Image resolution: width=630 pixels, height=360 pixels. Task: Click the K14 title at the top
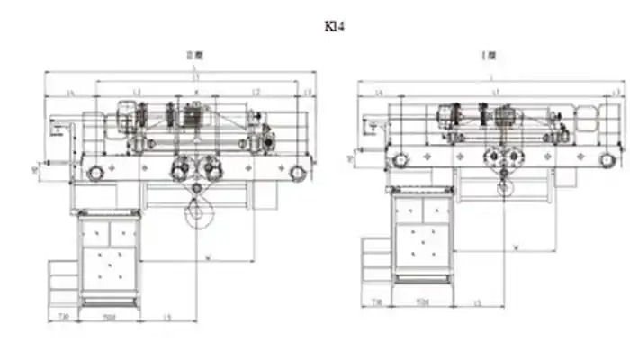click(x=335, y=25)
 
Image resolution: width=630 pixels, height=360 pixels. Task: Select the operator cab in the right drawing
click(x=422, y=238)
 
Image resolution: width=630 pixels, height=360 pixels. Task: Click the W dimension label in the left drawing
click(x=209, y=258)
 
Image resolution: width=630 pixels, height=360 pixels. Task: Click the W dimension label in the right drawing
click(x=515, y=246)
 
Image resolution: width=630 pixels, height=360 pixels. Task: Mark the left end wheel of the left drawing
click(x=94, y=172)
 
